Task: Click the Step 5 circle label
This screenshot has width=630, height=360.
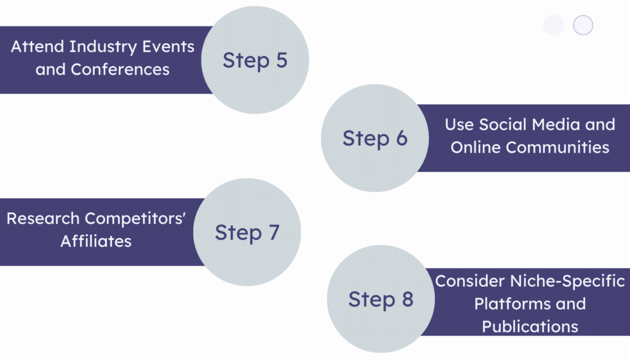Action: coord(255,60)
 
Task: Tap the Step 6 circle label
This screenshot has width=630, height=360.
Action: coord(375,138)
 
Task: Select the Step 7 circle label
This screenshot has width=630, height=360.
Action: coord(247,233)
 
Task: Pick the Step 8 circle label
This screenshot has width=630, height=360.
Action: coord(380,299)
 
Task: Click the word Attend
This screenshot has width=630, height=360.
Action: coord(38,47)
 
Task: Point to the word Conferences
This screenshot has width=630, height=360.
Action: coord(120,69)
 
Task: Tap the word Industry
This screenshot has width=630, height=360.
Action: coord(97,47)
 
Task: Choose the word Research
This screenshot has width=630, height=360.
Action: coord(44,218)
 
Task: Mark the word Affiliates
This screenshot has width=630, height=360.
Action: coord(96,241)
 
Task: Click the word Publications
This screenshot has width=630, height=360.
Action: coord(530,326)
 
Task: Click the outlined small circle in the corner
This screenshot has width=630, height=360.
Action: coord(583,25)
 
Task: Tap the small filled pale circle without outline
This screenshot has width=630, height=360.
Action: coord(554,25)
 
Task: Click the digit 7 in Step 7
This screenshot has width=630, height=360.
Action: coord(273,233)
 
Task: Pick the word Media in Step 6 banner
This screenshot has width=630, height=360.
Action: coord(554,124)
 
